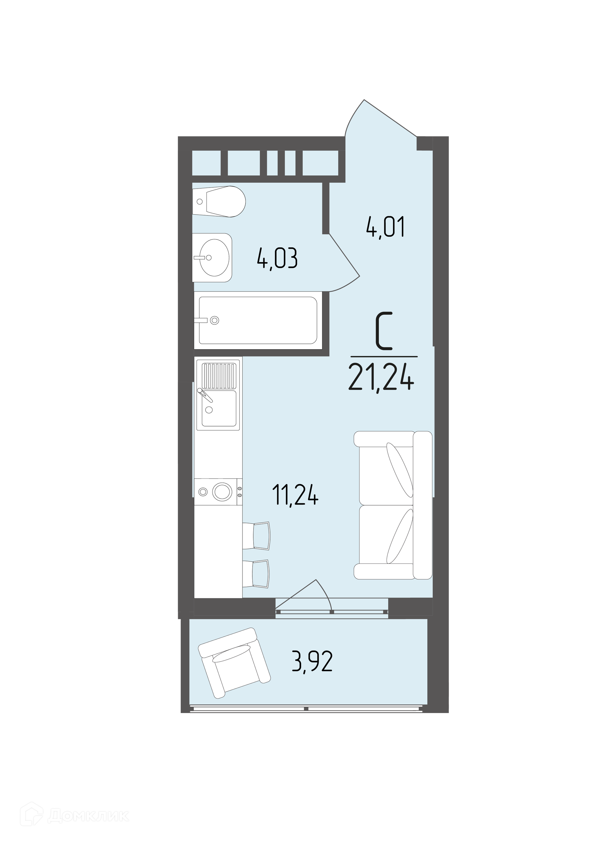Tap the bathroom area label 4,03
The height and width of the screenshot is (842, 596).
click(x=277, y=259)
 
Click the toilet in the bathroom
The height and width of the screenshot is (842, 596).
click(x=219, y=201)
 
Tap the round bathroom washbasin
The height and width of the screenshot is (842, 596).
click(x=212, y=257)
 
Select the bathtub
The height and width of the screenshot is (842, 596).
click(x=258, y=320)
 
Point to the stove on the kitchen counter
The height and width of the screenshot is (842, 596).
click(x=218, y=492)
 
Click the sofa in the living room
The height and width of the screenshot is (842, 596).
click(x=393, y=505)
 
